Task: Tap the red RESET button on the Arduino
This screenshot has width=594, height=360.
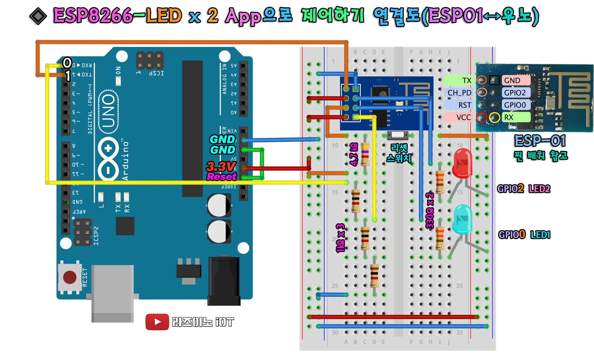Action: [69, 278]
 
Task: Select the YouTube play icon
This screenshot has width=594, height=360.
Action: [157, 322]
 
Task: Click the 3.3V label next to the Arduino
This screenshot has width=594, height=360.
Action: [221, 166]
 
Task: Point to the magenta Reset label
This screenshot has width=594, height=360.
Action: [221, 177]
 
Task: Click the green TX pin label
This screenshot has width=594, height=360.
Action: [459, 80]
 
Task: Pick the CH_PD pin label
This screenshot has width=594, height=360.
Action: [459, 93]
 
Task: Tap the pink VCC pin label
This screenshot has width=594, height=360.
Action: [459, 117]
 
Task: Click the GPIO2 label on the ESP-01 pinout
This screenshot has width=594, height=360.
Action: [515, 93]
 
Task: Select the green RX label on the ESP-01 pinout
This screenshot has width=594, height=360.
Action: [515, 117]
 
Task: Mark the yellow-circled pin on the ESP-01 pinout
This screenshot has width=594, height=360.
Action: [495, 118]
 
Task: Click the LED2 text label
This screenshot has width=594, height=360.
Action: [539, 189]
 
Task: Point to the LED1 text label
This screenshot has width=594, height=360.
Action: [540, 235]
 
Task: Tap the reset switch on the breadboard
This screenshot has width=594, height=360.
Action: [397, 135]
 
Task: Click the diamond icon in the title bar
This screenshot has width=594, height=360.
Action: [38, 16]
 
